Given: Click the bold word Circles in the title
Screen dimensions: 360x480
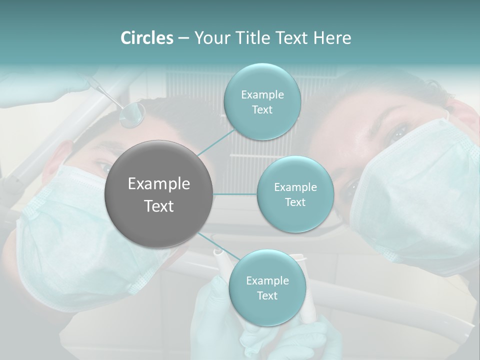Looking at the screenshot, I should [146, 38].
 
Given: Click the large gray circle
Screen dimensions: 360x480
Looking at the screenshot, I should [159, 194].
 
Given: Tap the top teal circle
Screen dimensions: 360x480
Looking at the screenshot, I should [262, 102].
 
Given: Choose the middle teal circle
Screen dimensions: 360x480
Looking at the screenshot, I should [295, 194].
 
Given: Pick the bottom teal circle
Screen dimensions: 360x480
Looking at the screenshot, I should [267, 288].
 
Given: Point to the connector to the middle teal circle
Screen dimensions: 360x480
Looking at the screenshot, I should [235, 194].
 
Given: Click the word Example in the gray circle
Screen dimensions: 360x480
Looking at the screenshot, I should [159, 184].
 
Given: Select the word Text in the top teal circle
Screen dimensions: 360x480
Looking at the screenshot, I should [262, 110].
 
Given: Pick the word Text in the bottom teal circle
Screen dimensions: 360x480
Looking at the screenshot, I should [267, 296].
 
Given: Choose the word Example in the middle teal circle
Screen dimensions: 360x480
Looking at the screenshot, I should [295, 187].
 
